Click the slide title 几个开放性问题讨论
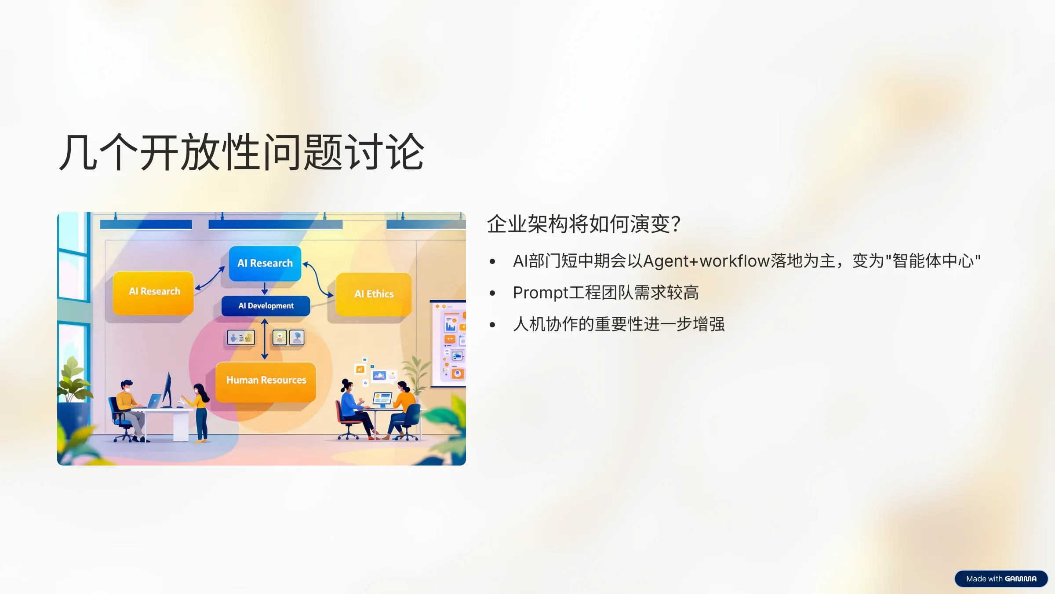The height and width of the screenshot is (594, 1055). click(x=241, y=152)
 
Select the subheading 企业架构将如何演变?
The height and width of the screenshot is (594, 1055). click(x=584, y=224)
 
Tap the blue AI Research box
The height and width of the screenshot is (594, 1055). click(x=265, y=263)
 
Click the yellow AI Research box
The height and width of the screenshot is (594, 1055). click(x=154, y=292)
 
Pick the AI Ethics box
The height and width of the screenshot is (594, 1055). click(x=374, y=294)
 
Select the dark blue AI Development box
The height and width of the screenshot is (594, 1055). click(x=266, y=306)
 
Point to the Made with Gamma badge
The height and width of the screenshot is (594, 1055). click(x=1001, y=579)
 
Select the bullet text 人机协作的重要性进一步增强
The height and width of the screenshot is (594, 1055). click(x=618, y=324)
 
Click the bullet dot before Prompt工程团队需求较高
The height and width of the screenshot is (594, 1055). click(x=492, y=293)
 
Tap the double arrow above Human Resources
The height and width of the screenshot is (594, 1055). click(x=265, y=339)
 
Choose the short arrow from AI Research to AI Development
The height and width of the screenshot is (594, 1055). click(x=265, y=289)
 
